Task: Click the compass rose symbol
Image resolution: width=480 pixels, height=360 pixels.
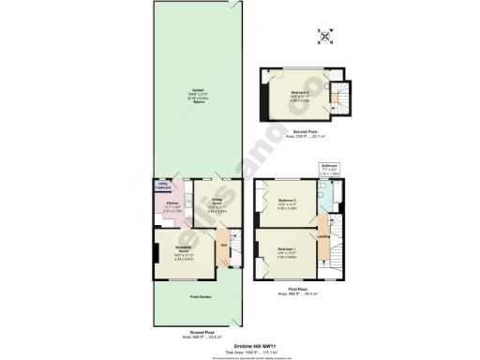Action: (325, 37)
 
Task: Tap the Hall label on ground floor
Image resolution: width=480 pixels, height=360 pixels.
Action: (223, 247)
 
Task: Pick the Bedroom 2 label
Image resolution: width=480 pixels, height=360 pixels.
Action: (288, 201)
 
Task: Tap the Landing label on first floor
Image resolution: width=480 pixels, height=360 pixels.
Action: (322, 235)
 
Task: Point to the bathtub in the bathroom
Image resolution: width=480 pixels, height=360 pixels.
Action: (323, 193)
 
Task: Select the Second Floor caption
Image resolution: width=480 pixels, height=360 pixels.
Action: (302, 131)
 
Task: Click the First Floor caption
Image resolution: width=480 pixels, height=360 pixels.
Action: (298, 292)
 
